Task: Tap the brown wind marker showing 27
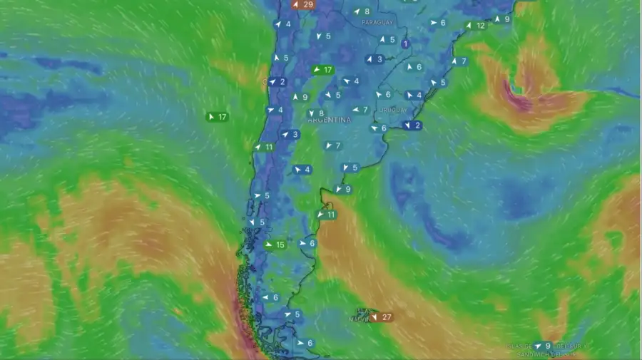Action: point(381,317)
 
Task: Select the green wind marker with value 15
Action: point(275,245)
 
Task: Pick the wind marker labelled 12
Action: point(476,26)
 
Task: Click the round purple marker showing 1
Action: point(406,44)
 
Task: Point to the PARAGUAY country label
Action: point(377,23)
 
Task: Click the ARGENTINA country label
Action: point(330,120)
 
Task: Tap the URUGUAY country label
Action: point(393,110)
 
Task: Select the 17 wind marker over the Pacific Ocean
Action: point(217,117)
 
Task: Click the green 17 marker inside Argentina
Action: point(322,70)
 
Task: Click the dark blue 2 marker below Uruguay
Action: point(412,125)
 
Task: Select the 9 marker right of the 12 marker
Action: point(502,19)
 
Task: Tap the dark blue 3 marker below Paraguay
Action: point(374,59)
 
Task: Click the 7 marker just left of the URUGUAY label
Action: point(360,110)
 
